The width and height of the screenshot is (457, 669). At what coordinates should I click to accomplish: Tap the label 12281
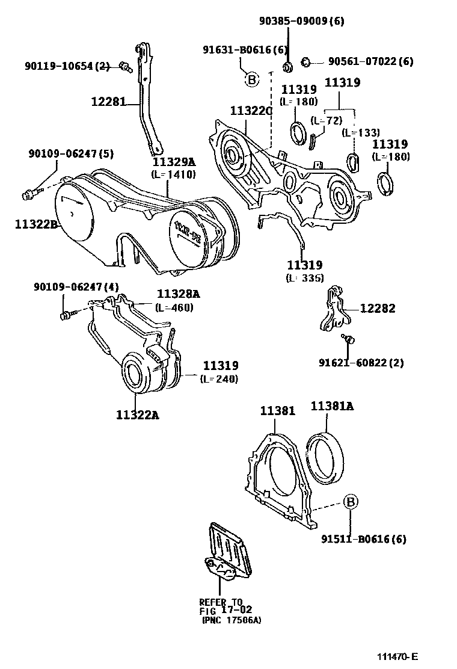pyautogui.click(x=108, y=102)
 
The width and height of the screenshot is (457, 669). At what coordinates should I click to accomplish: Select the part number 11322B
pyautogui.click(x=35, y=224)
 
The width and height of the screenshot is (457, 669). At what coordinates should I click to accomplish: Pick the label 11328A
pyautogui.click(x=178, y=294)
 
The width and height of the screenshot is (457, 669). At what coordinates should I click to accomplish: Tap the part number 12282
pyautogui.click(x=378, y=308)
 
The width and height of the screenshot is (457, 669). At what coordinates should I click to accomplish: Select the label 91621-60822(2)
pyautogui.click(x=361, y=362)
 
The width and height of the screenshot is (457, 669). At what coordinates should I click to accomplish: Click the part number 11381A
pyautogui.click(x=332, y=406)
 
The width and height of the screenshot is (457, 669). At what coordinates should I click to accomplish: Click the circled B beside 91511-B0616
pyautogui.click(x=350, y=501)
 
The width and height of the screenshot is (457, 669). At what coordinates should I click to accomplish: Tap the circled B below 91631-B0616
pyautogui.click(x=251, y=79)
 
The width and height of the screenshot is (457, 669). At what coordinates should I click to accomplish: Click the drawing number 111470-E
pyautogui.click(x=397, y=656)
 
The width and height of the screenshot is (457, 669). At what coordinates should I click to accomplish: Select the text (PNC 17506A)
pyautogui.click(x=232, y=620)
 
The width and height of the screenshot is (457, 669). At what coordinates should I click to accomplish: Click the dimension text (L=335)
pyautogui.click(x=304, y=277)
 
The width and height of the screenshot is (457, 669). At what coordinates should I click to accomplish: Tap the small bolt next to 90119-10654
pyautogui.click(x=125, y=66)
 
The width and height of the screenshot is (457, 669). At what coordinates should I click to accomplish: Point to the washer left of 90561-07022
pyautogui.click(x=305, y=61)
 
